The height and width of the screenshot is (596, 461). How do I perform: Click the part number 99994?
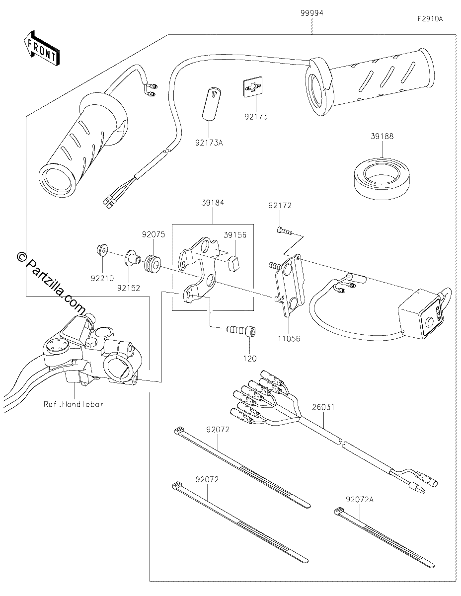click(312, 13)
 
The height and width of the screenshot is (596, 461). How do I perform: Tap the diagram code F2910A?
click(430, 19)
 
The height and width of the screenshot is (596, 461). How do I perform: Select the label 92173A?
click(209, 143)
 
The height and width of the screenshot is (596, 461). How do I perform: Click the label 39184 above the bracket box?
click(213, 203)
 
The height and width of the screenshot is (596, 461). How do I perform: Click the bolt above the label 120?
click(241, 330)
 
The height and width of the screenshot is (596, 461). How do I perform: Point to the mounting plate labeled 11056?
click(289, 285)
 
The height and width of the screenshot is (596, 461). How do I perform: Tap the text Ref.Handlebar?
click(74, 404)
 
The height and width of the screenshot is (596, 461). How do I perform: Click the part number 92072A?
click(360, 500)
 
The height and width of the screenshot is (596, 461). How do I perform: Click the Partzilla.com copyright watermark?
click(51, 283)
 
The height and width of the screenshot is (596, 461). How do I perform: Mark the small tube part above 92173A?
click(212, 104)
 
